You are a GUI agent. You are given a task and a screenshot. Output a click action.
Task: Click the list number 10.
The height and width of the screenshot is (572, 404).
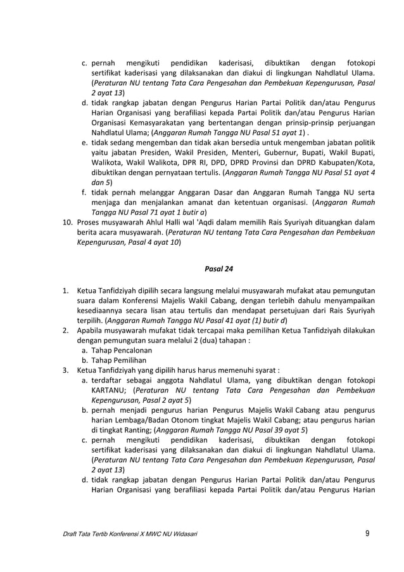coord(66,222)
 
